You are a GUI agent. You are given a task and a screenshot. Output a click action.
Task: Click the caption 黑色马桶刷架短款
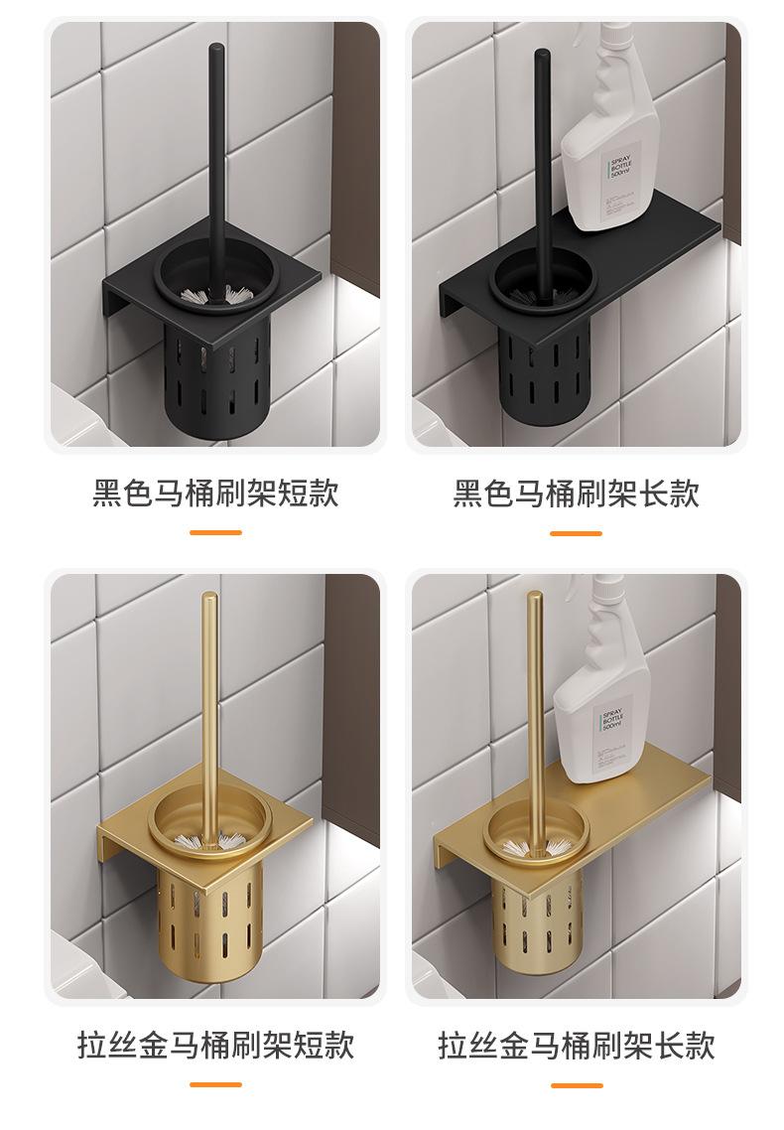coord(215,494)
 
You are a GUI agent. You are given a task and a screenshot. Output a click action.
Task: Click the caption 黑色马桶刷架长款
coord(577,494)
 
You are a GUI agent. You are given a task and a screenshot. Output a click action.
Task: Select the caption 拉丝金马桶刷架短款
coord(215,1045)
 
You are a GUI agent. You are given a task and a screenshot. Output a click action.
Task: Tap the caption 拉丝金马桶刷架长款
coord(577,1045)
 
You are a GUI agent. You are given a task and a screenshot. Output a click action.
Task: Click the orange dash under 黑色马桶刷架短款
coord(215,533)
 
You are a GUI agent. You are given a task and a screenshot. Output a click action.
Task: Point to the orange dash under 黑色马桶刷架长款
coord(577,533)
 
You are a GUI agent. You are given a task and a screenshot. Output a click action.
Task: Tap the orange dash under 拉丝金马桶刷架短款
coord(215,1084)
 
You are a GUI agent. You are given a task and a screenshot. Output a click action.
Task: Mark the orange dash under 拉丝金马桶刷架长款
coord(577,1084)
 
